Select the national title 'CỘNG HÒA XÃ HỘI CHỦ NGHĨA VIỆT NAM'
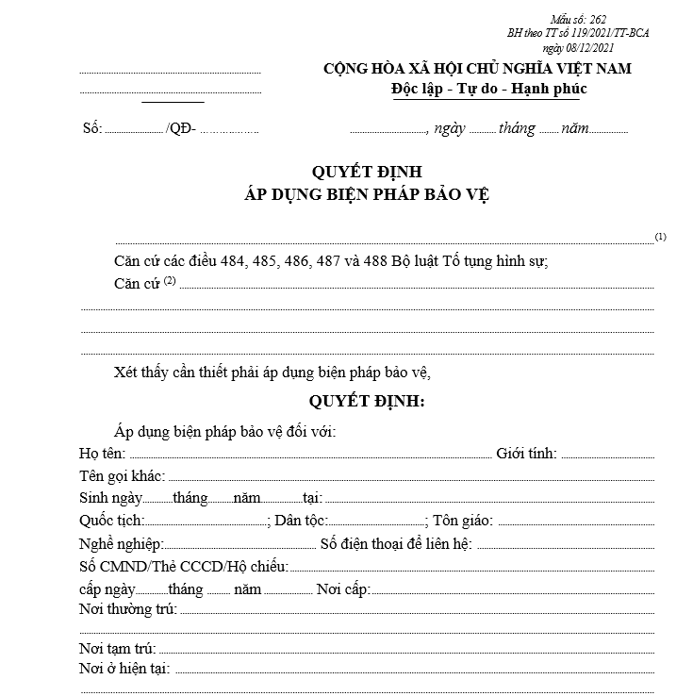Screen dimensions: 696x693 (x=477, y=69)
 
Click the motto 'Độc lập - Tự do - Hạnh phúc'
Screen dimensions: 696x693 (x=488, y=89)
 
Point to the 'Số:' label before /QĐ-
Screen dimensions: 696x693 (x=92, y=129)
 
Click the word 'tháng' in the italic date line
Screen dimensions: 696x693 (x=518, y=129)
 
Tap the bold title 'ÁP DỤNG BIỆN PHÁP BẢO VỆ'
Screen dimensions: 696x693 (x=367, y=194)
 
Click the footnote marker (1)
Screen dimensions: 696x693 (x=660, y=237)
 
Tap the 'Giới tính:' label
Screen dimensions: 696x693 (x=526, y=454)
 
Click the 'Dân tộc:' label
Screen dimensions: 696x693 (x=303, y=521)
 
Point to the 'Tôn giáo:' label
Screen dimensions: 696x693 (x=463, y=521)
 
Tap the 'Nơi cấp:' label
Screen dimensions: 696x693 (x=343, y=589)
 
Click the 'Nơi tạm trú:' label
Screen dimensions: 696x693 (x=119, y=648)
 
